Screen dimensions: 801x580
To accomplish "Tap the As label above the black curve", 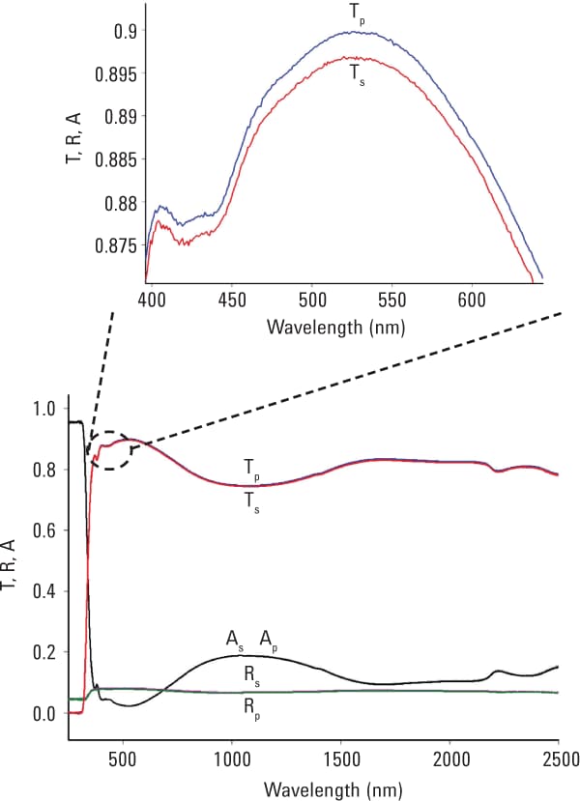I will (x=235, y=640).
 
